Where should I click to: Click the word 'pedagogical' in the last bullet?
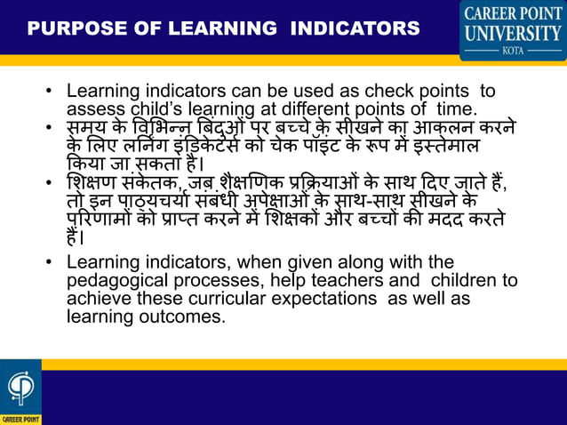click(x=115, y=281)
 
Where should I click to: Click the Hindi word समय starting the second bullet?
click(x=87, y=128)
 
